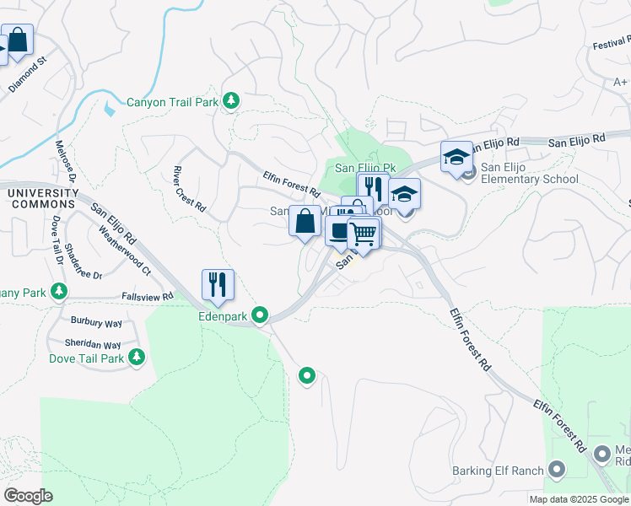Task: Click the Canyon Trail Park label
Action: pos(172,103)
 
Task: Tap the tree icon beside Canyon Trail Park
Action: pos(231,102)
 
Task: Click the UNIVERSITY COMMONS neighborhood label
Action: pos(42,199)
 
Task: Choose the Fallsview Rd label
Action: pos(147,296)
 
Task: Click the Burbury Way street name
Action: pos(97,322)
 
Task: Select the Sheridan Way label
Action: pos(93,345)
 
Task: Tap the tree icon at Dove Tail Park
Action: pos(137,358)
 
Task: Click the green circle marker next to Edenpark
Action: pos(261,315)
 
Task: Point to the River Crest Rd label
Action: pos(189,188)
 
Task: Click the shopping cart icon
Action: pos(364,233)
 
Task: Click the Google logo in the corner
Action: pos(28,496)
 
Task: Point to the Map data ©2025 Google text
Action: pos(579,499)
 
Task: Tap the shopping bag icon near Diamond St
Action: pos(17,39)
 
